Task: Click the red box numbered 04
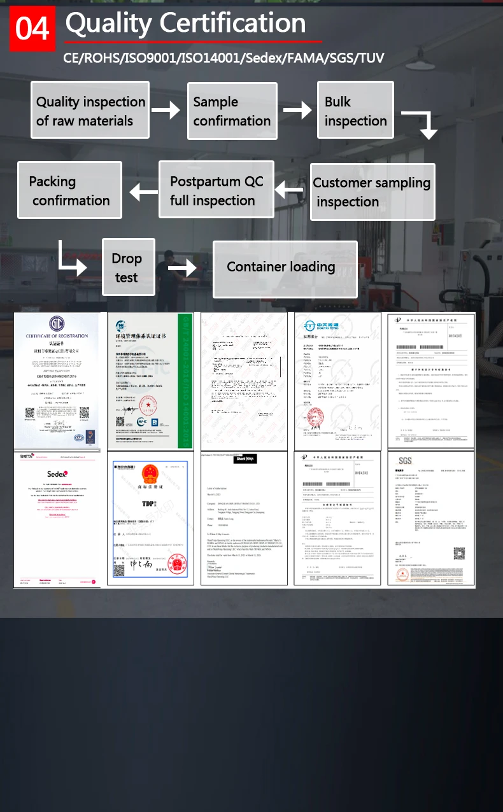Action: (x=32, y=29)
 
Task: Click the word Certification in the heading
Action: (x=232, y=24)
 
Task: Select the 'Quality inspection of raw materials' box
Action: (x=90, y=110)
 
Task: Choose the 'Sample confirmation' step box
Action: (x=232, y=111)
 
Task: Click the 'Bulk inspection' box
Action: (x=355, y=110)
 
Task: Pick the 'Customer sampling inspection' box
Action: (x=372, y=192)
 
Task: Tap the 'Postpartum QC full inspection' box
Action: (x=216, y=190)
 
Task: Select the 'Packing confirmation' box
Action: (x=69, y=190)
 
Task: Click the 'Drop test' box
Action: (x=128, y=267)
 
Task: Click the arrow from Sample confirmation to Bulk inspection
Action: (x=297, y=111)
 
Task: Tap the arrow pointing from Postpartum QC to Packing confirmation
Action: (x=143, y=191)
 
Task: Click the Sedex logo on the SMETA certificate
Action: (x=57, y=473)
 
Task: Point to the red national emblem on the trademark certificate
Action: (x=150, y=474)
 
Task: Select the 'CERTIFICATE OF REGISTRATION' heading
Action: (x=57, y=335)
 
